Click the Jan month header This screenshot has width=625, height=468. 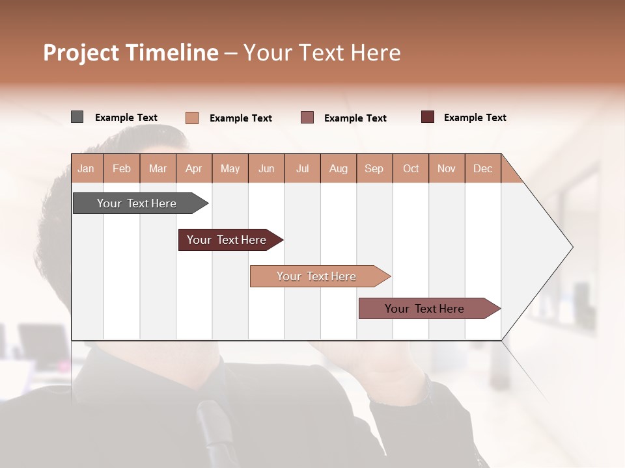pos(86,168)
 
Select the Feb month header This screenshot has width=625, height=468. pos(122,168)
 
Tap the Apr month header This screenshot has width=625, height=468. pos(193,168)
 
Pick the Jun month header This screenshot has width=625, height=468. pos(266,168)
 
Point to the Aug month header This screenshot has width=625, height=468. pos(338,168)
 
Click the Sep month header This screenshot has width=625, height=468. pos(374,168)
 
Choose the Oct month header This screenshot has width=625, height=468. pos(411,168)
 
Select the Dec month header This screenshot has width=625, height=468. pos(482,168)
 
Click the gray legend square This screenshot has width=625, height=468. pos(77,117)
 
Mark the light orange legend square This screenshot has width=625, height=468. pos(191,118)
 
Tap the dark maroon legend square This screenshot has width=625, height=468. pos(427,117)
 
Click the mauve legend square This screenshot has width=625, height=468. pos(307,118)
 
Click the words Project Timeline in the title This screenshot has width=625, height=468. pos(130,53)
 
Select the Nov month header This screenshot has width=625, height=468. pos(447,168)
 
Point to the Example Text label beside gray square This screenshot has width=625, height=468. pos(126,118)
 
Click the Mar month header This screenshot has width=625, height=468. pos(158,168)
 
